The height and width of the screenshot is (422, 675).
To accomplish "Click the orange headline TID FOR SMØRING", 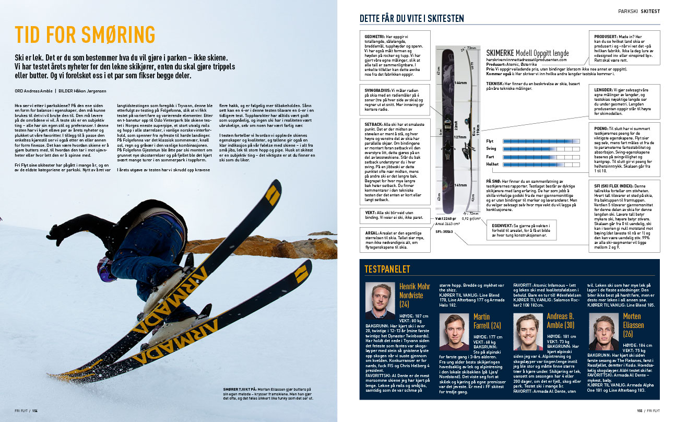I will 85,34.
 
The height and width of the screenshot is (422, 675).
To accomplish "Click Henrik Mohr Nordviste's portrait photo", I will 380,300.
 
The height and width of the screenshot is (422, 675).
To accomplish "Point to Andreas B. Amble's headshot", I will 528,332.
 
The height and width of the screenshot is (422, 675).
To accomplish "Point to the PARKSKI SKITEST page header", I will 639,10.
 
